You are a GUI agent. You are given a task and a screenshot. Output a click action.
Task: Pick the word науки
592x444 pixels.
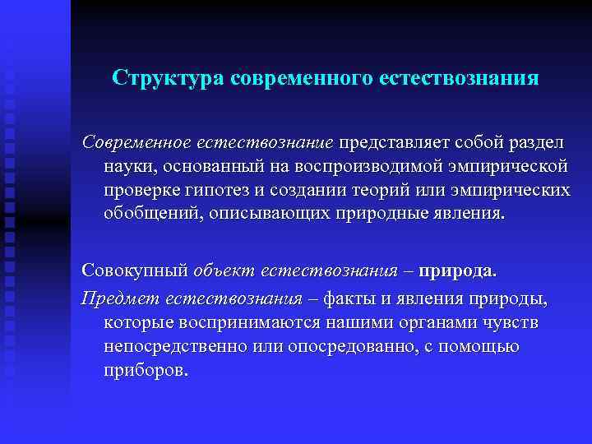tap(129, 167)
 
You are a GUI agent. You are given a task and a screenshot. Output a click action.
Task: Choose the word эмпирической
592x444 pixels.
tap(507, 167)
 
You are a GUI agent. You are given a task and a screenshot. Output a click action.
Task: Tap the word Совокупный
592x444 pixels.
tap(133, 270)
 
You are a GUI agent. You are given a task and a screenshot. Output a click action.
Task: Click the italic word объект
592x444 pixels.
tap(222, 270)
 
